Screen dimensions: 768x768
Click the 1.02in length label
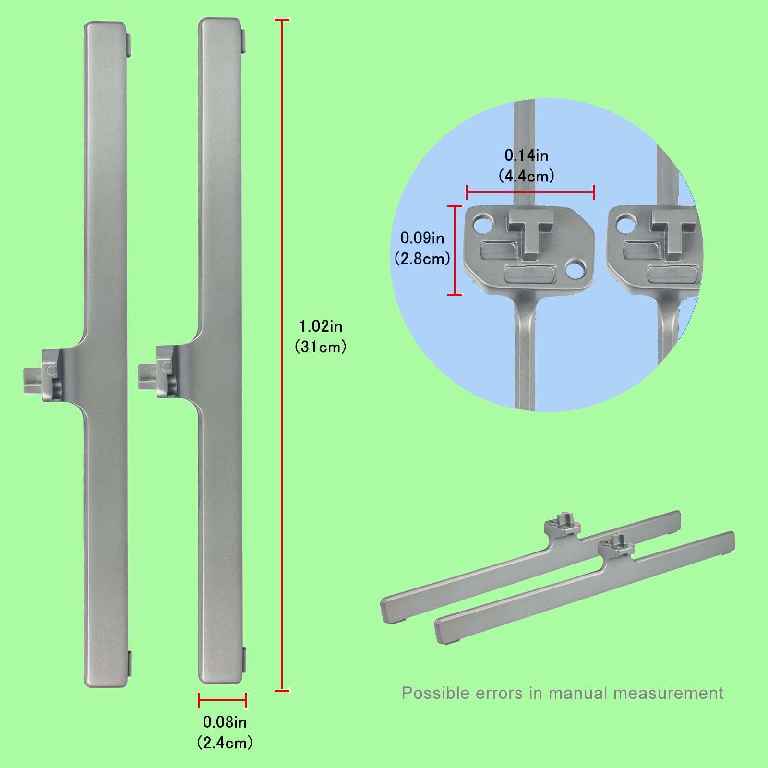[321, 326]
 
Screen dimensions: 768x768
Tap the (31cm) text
[321, 347]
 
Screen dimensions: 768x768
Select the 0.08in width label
[225, 722]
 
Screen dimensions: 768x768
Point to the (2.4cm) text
[225, 743]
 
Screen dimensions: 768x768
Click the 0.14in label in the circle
[526, 155]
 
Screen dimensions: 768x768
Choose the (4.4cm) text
[526, 176]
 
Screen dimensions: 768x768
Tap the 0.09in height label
[422, 238]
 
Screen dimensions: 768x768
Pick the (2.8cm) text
[422, 259]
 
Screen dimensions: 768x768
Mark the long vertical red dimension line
[282, 355]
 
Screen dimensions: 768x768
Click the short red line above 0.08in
[222, 700]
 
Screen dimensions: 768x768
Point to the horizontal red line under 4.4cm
[530, 192]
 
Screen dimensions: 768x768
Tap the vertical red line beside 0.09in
[455, 250]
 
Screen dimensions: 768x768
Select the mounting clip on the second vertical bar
[157, 372]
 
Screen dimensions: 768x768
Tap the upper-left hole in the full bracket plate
[483, 222]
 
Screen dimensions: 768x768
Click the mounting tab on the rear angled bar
[563, 525]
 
